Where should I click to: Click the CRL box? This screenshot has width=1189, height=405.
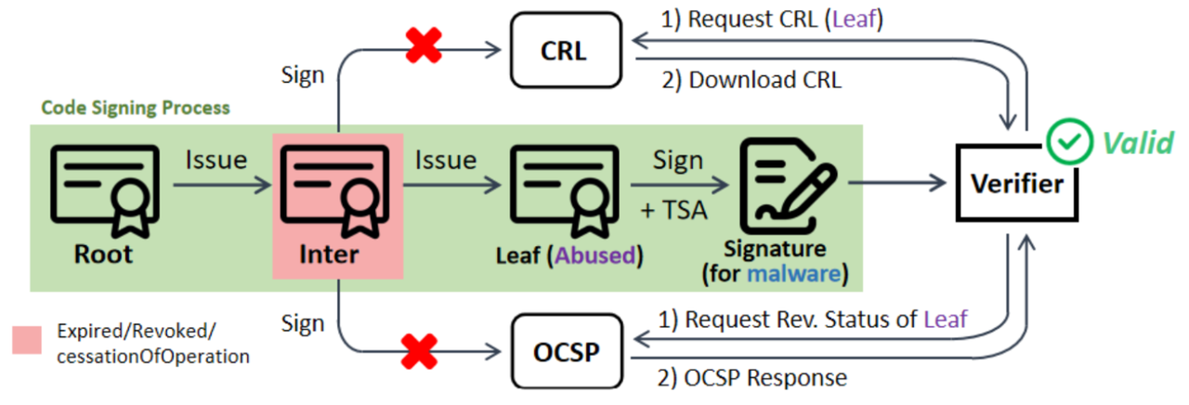[564, 48]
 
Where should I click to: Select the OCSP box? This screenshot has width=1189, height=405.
[564, 354]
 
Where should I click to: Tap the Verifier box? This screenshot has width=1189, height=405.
[1016, 184]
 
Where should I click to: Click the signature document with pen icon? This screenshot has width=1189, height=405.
[788, 187]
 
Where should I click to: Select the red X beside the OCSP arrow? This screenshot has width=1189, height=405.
[420, 354]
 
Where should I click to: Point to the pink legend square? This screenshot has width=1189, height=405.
[27, 340]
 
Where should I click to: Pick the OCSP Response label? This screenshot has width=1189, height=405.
[766, 378]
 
